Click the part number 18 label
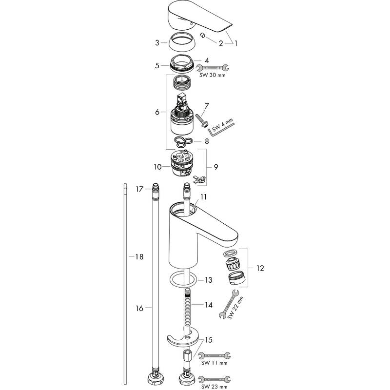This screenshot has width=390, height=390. click(139, 256)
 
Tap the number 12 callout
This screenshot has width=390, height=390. click(260, 268)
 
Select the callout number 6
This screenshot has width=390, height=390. click(157, 112)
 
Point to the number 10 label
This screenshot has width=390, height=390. click(157, 167)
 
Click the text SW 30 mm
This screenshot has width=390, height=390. click(213, 75)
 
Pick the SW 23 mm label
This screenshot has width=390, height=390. click(214, 387)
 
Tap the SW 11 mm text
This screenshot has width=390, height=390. click(214, 363)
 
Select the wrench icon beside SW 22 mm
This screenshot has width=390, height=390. click(229, 304)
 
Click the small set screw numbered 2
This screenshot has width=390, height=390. click(202, 36)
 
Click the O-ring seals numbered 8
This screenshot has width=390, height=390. click(183, 142)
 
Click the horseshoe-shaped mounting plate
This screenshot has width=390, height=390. click(183, 338)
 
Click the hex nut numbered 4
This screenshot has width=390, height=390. click(182, 63)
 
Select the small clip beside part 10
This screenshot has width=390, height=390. click(199, 179)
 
